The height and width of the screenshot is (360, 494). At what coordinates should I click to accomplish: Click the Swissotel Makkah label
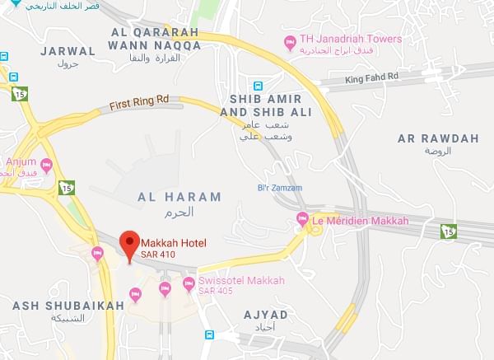pyautogui.click(x=241, y=281)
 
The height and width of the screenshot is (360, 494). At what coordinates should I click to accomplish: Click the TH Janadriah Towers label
pyautogui.click(x=351, y=39)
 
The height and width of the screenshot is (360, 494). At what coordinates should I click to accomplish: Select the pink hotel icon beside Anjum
pyautogui.click(x=46, y=165)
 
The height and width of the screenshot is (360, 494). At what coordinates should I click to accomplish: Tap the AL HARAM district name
pyautogui.click(x=179, y=197)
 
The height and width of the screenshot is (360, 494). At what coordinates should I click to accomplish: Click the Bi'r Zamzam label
pyautogui.click(x=279, y=189)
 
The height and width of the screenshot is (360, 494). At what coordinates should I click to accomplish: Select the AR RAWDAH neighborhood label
pyautogui.click(x=437, y=138)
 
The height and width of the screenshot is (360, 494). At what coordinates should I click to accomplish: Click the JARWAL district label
pyautogui.click(x=68, y=50)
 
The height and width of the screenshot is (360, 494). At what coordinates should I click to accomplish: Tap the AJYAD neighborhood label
pyautogui.click(x=267, y=315)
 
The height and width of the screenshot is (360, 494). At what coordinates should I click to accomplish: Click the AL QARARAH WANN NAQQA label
pyautogui.click(x=156, y=38)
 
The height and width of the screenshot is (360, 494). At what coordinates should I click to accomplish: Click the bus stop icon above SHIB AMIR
pyautogui.click(x=259, y=84)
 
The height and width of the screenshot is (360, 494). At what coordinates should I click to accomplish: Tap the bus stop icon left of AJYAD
pyautogui.click(x=209, y=335)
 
